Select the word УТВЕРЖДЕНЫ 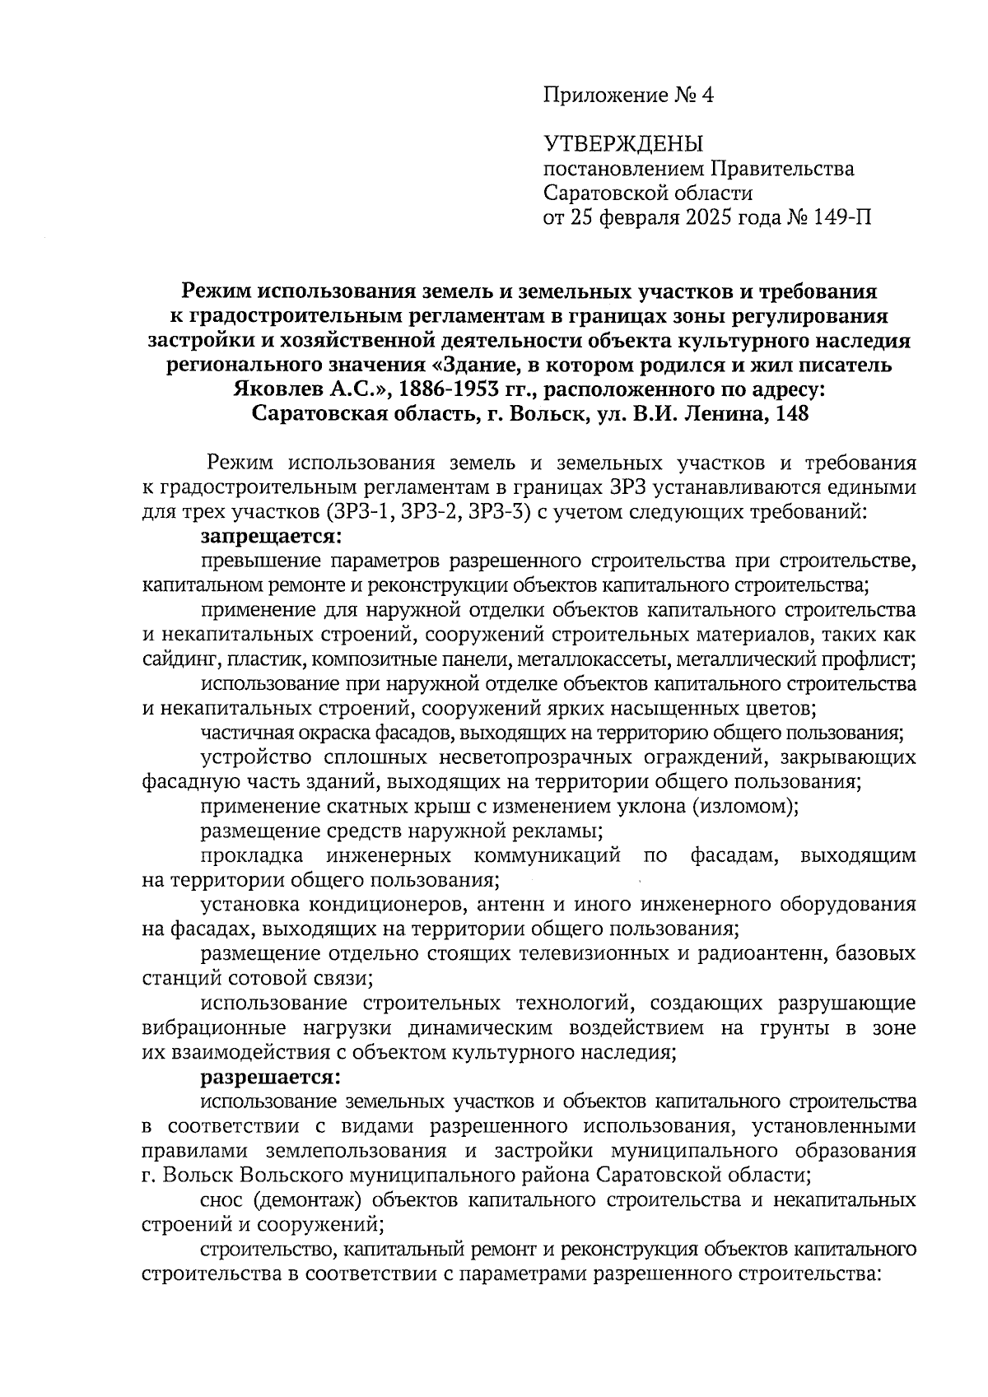point(623,145)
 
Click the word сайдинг point(177,659)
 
